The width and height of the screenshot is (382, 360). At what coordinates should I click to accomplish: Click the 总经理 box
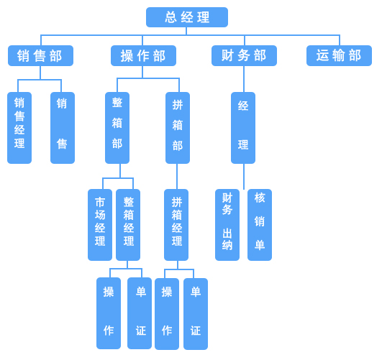187,17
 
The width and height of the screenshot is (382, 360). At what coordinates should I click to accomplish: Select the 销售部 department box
40,55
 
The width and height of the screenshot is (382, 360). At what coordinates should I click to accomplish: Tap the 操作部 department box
143,55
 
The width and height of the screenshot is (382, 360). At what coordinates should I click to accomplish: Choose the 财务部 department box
244,55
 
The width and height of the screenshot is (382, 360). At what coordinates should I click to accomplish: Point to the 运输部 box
339,55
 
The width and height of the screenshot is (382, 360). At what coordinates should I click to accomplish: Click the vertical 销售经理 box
19,128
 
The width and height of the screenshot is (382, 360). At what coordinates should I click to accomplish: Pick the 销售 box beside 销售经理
63,128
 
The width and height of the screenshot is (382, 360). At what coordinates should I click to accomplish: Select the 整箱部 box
117,128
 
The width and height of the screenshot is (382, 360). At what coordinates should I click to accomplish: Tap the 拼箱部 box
178,128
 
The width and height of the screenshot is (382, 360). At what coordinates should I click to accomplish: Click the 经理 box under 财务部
243,128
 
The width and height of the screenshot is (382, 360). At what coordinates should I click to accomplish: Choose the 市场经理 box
100,225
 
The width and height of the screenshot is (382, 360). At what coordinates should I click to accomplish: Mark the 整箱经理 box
128,225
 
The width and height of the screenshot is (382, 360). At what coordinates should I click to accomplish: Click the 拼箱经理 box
176,225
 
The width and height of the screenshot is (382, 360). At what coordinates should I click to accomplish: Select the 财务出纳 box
227,225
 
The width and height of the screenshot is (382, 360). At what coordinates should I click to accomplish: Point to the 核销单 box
260,225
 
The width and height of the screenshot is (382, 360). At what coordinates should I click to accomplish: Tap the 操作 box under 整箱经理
109,313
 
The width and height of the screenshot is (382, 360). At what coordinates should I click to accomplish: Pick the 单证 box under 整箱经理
140,313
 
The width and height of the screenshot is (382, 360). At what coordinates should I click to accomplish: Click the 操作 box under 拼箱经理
167,314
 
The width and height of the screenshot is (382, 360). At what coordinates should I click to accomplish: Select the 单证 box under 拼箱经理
196,314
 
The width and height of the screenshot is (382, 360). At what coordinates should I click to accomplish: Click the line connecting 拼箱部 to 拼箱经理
177,177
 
